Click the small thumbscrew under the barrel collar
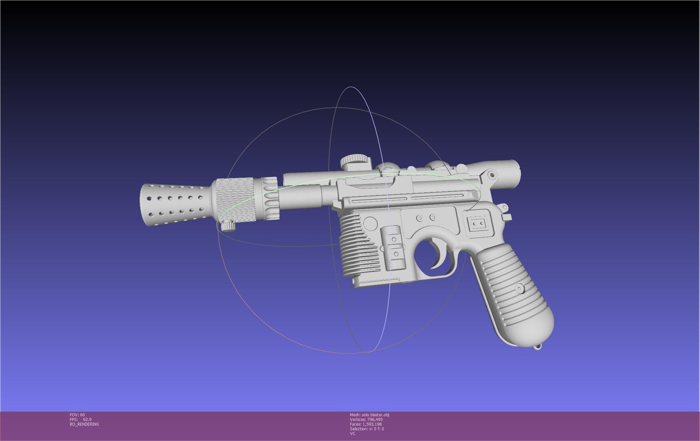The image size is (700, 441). click(229, 226)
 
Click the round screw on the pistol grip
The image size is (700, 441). click(520, 288)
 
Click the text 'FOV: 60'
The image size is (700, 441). click(77, 415)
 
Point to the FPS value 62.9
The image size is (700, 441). click(87, 420)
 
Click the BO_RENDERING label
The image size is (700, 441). click(84, 424)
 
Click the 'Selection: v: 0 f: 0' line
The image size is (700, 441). click(367, 429)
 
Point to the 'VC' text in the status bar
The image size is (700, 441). click(353, 434)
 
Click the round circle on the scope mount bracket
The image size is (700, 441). click(491, 175)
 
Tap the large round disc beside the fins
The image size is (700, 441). click(370, 223)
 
